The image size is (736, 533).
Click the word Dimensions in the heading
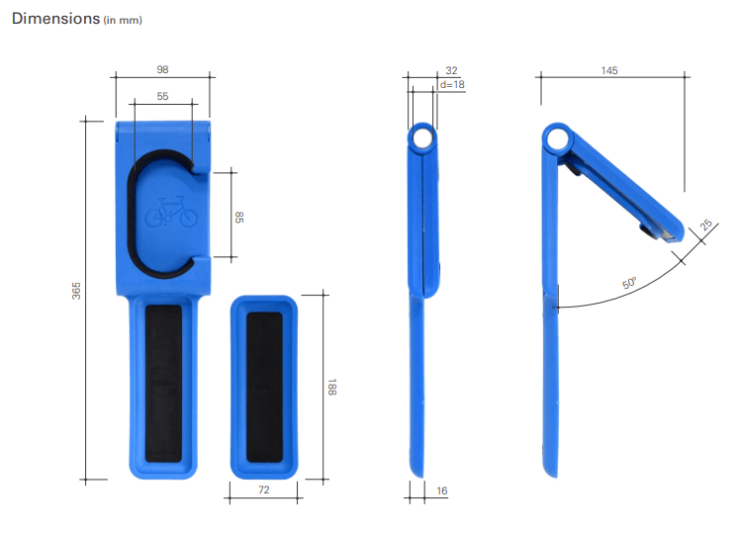point(55,19)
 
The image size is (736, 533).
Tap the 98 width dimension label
point(162,69)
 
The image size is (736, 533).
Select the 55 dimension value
point(162,96)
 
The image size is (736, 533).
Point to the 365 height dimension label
point(76,291)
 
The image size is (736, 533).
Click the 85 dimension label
point(239,218)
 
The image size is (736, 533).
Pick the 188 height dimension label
point(331,387)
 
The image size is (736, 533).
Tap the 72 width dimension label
point(264,489)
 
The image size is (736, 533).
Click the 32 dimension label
point(451,70)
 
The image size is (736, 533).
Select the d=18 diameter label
point(452,84)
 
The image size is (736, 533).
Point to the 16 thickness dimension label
point(442,490)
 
